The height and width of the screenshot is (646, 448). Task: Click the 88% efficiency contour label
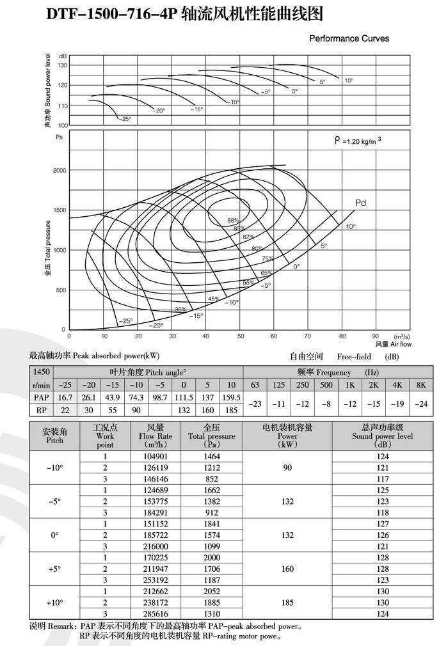coord(233,220)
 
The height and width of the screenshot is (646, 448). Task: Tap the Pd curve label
coord(360,203)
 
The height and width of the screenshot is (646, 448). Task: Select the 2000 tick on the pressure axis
coord(60,171)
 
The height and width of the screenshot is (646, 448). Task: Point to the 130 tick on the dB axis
coord(63,65)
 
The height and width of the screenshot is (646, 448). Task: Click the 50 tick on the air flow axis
coord(240,335)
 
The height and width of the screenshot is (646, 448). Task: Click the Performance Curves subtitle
coord(349,38)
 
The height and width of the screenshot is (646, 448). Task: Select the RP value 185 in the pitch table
coord(230,410)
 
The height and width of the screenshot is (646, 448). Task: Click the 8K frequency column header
coord(420,384)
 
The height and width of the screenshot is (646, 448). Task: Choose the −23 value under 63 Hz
coord(255,404)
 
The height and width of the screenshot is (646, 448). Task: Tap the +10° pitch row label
coord(54,603)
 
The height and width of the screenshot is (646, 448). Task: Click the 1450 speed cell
coord(41,372)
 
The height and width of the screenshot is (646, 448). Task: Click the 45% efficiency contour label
coord(214,299)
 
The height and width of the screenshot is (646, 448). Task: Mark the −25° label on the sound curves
coord(125,119)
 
